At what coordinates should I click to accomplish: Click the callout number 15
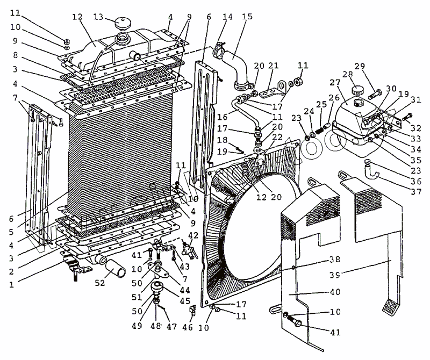click(x=247, y=17)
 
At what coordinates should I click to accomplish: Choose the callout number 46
click(x=188, y=326)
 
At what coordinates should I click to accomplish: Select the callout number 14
click(x=228, y=17)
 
